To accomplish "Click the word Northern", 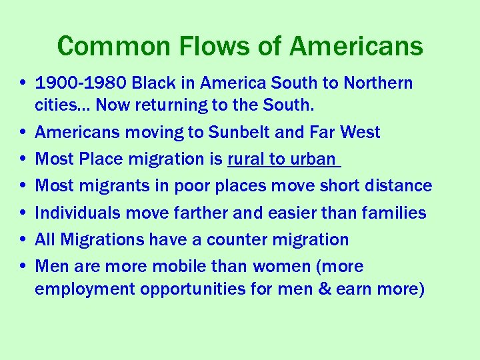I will click(378, 83).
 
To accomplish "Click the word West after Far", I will click(361, 133).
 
